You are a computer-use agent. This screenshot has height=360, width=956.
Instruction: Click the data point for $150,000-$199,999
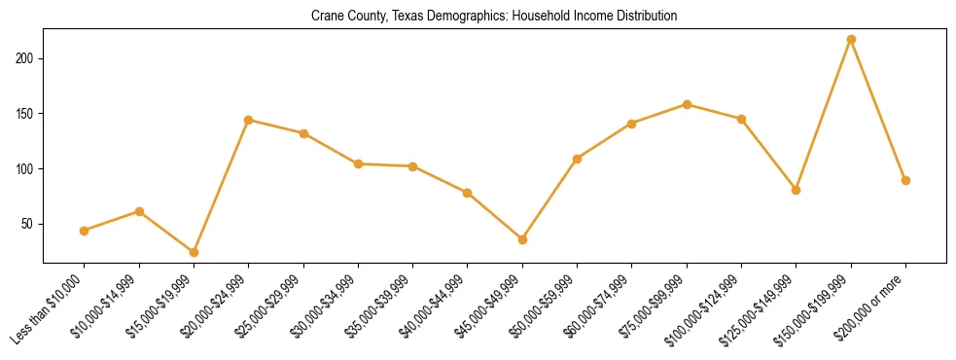coord(851,40)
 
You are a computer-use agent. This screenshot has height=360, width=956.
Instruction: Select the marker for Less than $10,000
coord(85,231)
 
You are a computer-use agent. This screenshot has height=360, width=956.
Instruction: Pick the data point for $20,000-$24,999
coord(249,120)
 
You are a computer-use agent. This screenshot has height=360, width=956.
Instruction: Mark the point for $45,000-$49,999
coord(522,239)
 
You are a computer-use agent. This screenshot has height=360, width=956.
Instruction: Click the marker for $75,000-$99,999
coord(687,104)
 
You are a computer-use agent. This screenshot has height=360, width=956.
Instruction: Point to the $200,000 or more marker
coord(905,180)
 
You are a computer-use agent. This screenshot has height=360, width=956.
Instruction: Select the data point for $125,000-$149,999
coord(796,190)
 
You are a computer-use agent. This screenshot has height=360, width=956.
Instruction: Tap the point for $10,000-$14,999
coord(139,211)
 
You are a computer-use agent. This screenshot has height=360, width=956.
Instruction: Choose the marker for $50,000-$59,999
coord(577,159)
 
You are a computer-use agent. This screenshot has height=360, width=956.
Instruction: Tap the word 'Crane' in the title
coord(326,17)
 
